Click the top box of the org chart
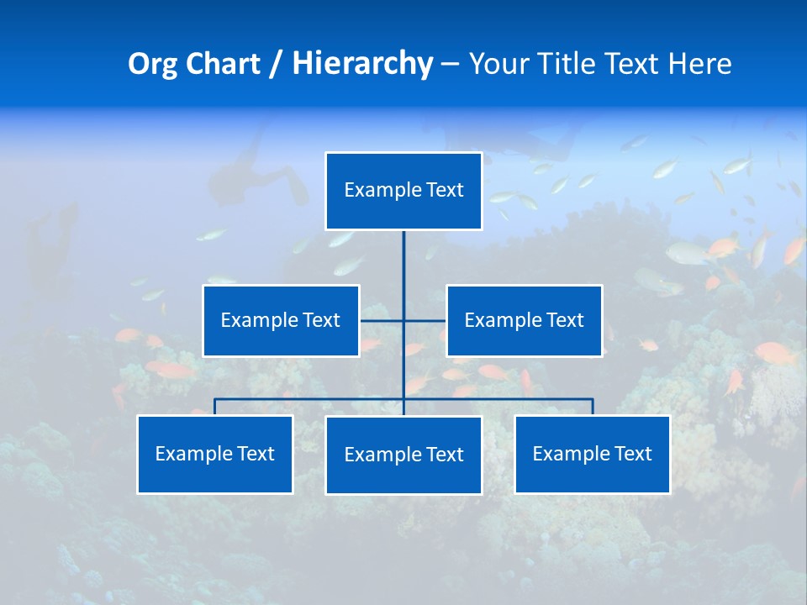[403, 191]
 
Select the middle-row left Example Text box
[281, 320]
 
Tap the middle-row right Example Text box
[524, 320]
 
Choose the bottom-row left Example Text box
[214, 454]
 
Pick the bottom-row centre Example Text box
[403, 455]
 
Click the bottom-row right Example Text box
[592, 454]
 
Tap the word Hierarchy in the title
[361, 64]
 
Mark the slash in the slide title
[276, 64]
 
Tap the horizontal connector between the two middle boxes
[383, 320]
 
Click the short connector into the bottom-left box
[215, 407]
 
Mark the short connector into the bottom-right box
[593, 407]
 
